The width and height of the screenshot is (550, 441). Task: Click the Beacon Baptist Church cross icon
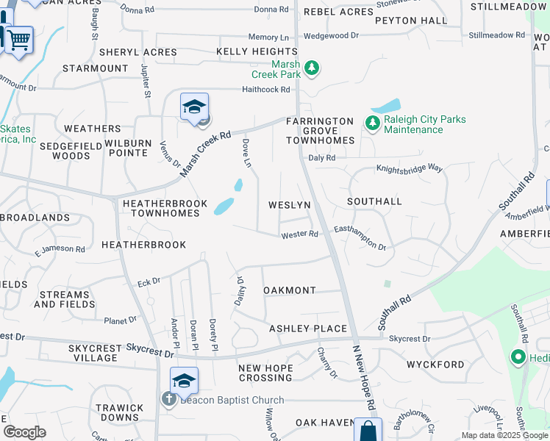point(168,399)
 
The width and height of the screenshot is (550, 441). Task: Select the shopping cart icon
point(19,39)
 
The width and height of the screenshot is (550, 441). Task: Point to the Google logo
point(24,431)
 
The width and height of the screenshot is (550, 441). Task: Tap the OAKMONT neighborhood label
point(290,290)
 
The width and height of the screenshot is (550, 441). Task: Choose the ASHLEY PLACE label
point(307,328)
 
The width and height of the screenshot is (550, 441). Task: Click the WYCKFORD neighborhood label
point(435,364)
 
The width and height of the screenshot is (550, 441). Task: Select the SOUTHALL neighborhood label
point(374,201)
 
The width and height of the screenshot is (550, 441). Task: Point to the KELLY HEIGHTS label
point(257,51)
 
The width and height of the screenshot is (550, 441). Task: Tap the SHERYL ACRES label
point(138,52)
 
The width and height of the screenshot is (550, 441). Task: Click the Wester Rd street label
point(299,234)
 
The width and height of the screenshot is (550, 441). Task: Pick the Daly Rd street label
point(322,157)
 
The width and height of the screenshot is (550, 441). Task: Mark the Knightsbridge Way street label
point(410,168)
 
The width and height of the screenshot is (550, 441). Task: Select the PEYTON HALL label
point(410,21)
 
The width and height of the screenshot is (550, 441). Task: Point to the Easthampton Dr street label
point(360,237)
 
